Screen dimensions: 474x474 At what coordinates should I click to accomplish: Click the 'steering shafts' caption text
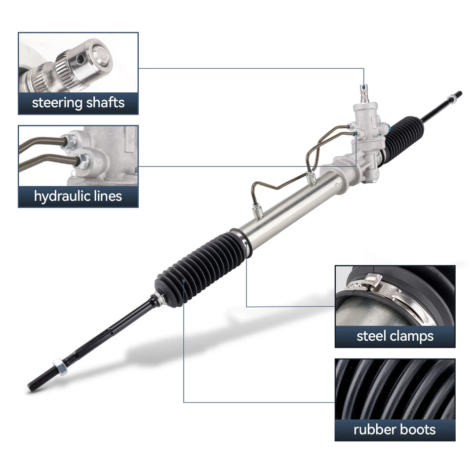[78, 103]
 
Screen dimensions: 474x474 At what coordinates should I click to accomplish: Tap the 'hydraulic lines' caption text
[78, 196]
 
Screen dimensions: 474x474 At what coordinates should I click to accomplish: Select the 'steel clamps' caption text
[395, 336]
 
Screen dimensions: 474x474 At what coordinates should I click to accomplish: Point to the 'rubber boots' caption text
[395, 429]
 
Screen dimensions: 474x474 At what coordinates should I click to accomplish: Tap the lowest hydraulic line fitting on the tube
[257, 211]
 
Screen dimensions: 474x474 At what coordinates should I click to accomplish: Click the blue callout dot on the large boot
[184, 279]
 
